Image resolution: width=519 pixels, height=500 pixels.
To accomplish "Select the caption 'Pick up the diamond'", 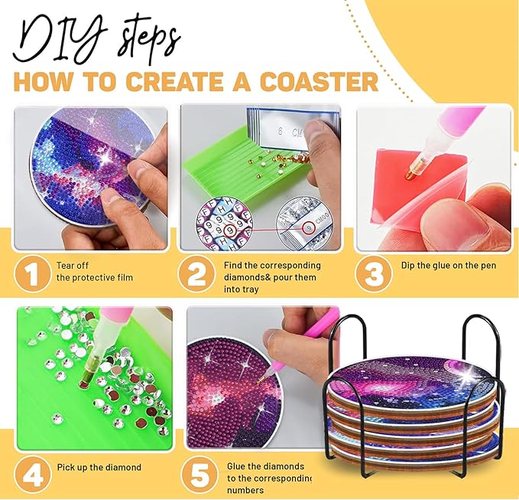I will coord(99,467).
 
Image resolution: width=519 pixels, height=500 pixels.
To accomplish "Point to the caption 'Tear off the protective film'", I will coord(88,270).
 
